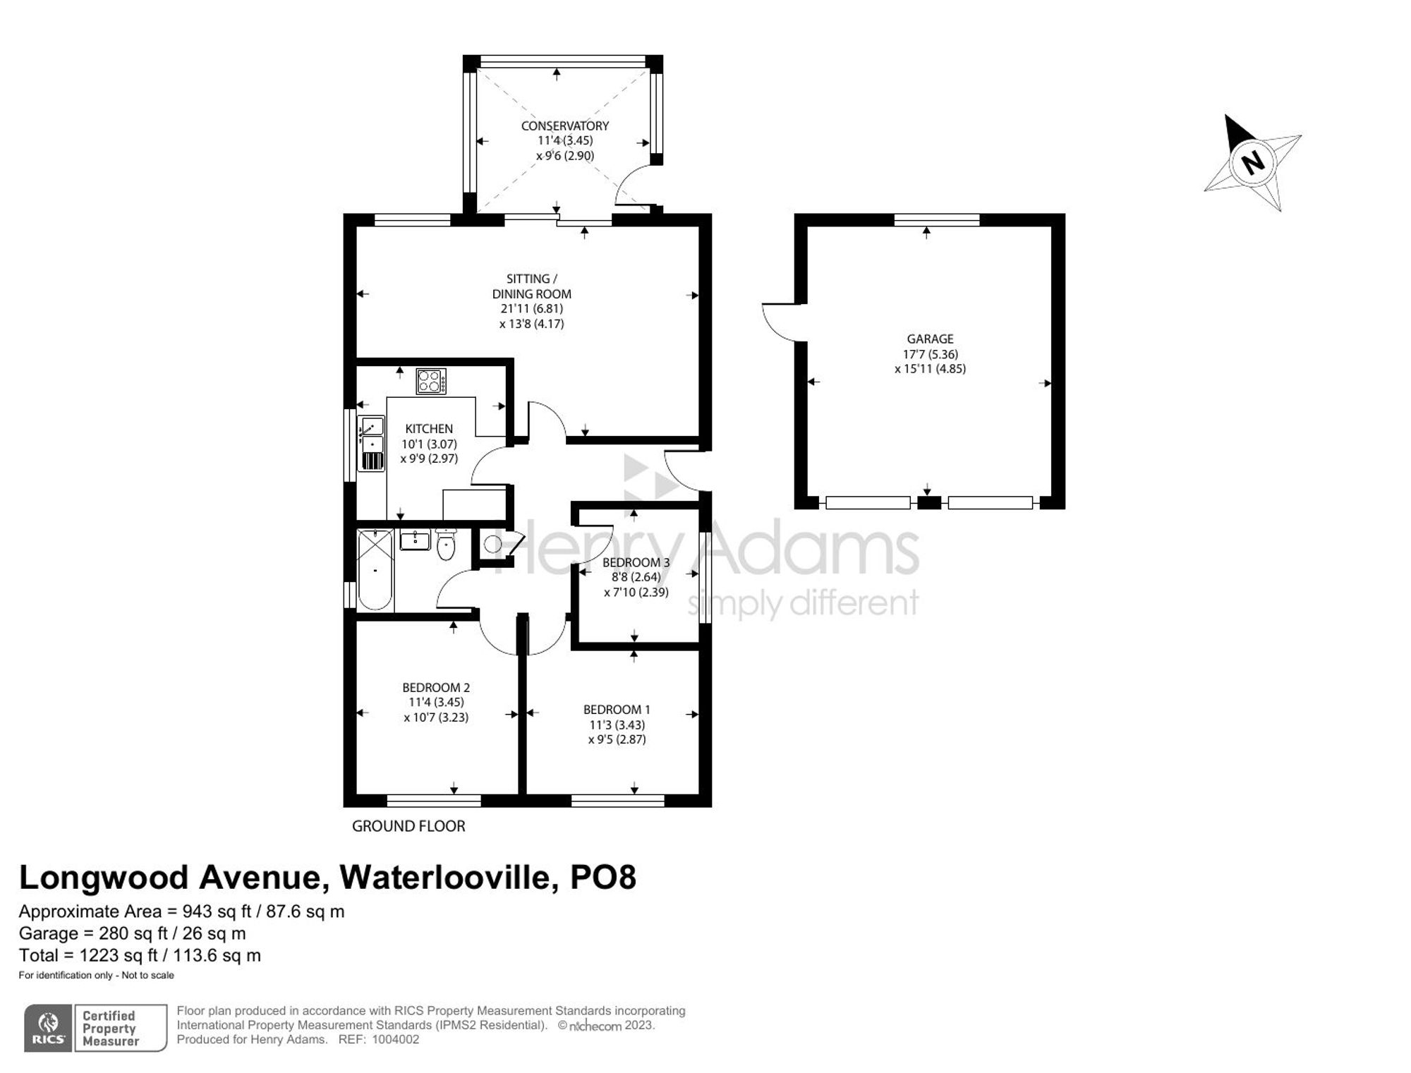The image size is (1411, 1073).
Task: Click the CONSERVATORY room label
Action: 564,126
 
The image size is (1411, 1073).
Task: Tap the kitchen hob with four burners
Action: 431,381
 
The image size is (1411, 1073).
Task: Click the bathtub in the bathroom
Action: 375,569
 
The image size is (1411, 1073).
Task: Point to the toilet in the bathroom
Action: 446,545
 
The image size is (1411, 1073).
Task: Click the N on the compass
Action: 1252,164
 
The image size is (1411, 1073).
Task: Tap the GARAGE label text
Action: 930,339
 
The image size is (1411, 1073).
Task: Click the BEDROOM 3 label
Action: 636,562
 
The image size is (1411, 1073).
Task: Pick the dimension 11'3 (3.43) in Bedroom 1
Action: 617,725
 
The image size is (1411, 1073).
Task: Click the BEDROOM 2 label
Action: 436,687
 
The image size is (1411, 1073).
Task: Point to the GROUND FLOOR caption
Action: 408,826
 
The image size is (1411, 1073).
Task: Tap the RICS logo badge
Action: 48,1028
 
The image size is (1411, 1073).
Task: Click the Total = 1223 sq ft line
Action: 140,955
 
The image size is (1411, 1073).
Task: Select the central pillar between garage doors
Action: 928,503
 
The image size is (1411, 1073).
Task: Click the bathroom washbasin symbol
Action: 415,540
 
